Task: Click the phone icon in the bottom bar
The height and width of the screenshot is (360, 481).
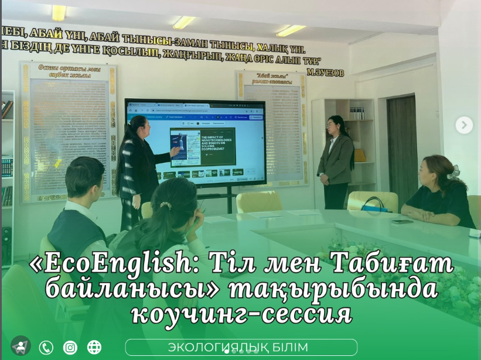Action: [46, 348]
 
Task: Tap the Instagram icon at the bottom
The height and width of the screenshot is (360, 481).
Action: [70, 348]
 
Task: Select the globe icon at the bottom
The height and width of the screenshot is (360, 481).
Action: [94, 348]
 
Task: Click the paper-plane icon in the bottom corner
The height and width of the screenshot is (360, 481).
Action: [21, 346]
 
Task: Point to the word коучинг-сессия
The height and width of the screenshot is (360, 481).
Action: [241, 314]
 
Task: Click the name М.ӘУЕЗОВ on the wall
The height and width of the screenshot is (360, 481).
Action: [325, 72]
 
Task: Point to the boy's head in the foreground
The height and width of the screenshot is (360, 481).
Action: [84, 176]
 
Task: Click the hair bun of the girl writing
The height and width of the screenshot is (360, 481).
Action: [166, 206]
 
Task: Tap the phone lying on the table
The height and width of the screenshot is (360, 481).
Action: [402, 221]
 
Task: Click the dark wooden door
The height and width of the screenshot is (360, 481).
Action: [402, 149]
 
